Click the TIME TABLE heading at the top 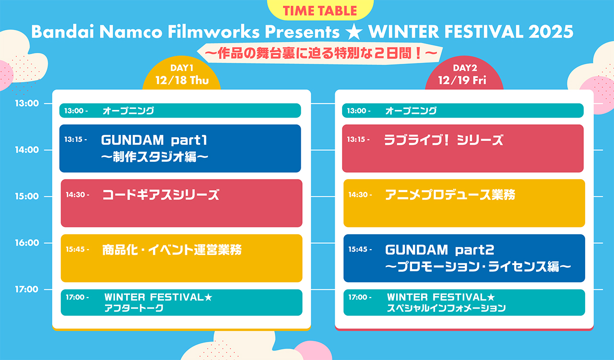click(320, 11)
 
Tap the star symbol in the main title click(354, 32)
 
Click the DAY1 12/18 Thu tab click(182, 74)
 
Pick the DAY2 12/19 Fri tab click(464, 74)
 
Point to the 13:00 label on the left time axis click(27, 104)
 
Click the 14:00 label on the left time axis click(27, 150)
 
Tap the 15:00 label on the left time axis click(27, 196)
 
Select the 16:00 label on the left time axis click(27, 243)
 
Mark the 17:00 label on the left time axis click(27, 289)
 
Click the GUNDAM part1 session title click(154, 140)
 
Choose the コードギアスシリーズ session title click(161, 195)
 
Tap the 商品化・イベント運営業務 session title click(172, 250)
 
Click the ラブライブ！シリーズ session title click(444, 140)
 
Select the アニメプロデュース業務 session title click(450, 195)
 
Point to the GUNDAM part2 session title click(440, 250)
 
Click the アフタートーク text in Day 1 click(134, 308)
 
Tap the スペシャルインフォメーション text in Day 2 click(446, 308)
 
